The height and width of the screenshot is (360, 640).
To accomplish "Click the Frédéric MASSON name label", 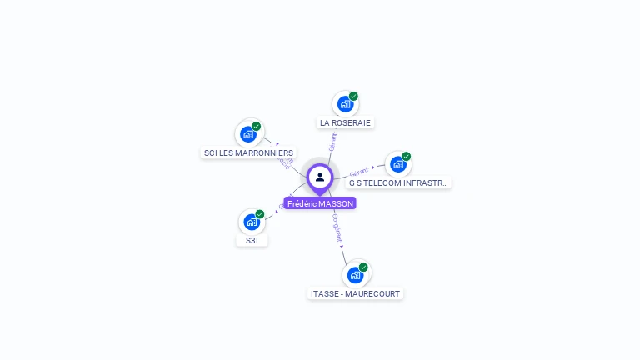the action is point(320,203).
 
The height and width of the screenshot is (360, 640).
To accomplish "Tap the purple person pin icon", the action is point(320,177).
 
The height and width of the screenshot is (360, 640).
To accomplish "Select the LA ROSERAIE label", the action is point(345,122).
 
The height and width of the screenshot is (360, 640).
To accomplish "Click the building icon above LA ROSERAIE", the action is point(344,105).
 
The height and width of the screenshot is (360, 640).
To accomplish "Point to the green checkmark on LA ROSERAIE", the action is point(353,97).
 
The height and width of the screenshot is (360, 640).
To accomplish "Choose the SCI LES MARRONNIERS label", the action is point(248,152).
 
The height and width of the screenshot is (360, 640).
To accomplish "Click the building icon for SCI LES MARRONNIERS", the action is point(247,134).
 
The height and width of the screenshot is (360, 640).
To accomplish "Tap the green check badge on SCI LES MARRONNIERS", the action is point(257,127).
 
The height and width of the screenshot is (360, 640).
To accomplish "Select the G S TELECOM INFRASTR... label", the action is point(398,182).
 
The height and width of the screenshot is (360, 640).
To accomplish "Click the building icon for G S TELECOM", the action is point(397,164).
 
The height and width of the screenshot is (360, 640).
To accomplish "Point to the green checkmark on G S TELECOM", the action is point(407,157).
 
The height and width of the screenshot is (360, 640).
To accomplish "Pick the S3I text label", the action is point(252,240).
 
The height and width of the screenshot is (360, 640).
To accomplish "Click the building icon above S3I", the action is point(252,222).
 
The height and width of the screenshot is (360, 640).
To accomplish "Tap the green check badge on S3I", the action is point(260,214).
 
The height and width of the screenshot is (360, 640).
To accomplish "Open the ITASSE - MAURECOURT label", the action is point(355,293).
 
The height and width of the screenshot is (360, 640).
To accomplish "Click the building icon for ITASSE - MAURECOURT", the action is point(355,275).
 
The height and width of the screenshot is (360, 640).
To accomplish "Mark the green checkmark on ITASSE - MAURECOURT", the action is point(363,267).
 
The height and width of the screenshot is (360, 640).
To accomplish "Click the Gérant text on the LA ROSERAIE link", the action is point(332,142).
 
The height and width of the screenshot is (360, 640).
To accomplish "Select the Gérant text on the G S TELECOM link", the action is point(359,171).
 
